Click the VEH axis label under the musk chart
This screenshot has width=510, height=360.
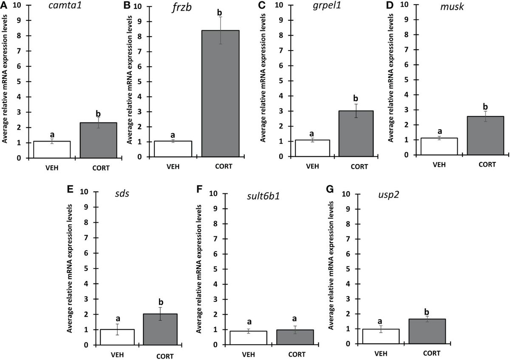[440, 164]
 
